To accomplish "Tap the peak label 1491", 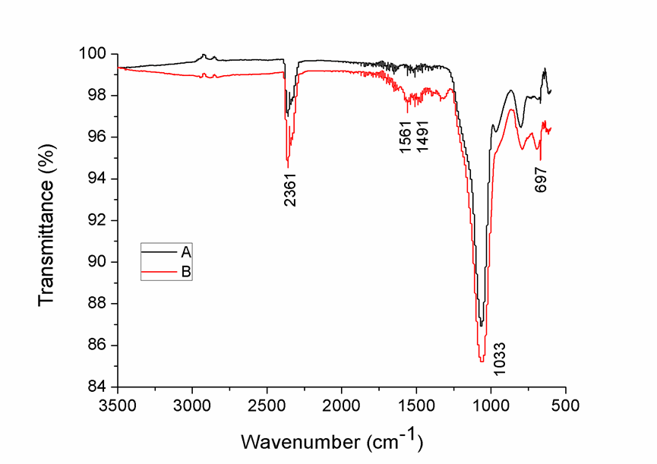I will [422, 137].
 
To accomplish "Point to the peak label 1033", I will [500, 358].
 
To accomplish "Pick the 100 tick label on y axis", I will [97, 54].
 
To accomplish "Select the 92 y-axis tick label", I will [101, 220].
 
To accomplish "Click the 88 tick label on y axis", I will [101, 304].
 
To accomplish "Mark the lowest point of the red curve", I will [481, 361].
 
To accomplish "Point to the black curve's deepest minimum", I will [481, 326].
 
